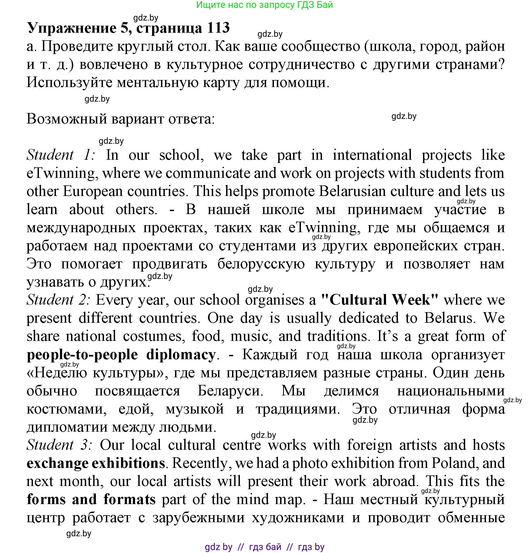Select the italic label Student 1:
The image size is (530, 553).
pyautogui.click(x=61, y=155)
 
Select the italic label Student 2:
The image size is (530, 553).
pyautogui.click(x=58, y=300)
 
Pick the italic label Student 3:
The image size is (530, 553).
pyautogui.click(x=59, y=445)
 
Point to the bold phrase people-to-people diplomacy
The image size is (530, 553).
pyautogui.click(x=121, y=354)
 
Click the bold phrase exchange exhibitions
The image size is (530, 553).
pyautogui.click(x=96, y=463)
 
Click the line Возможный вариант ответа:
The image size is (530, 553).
pyautogui.click(x=121, y=119)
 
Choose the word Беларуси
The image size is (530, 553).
pyautogui.click(x=230, y=391)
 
